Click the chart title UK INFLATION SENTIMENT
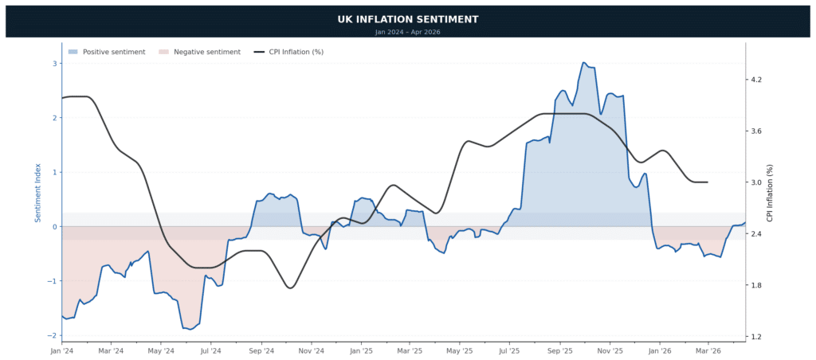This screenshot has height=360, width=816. [407, 19]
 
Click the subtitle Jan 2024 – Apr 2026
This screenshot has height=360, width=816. [407, 32]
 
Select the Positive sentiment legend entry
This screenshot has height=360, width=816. [107, 52]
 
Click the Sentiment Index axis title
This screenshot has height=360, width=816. [38, 192]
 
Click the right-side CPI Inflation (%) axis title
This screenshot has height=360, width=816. [770, 192]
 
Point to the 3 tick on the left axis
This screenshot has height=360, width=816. [54, 64]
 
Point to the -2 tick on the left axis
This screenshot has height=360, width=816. [53, 335]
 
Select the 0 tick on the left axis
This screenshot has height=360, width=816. [54, 227]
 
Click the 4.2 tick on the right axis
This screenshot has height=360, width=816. [756, 80]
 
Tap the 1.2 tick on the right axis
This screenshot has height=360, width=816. [756, 337]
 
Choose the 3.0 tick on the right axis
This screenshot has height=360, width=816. [756, 183]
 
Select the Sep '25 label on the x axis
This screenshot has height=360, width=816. [560, 350]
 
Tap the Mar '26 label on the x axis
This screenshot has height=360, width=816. [708, 350]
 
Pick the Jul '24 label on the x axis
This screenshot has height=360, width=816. [210, 350]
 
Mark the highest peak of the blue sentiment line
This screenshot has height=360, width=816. [584, 62]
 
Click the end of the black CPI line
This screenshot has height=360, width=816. [708, 182]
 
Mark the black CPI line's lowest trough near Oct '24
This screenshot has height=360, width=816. [290, 288]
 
